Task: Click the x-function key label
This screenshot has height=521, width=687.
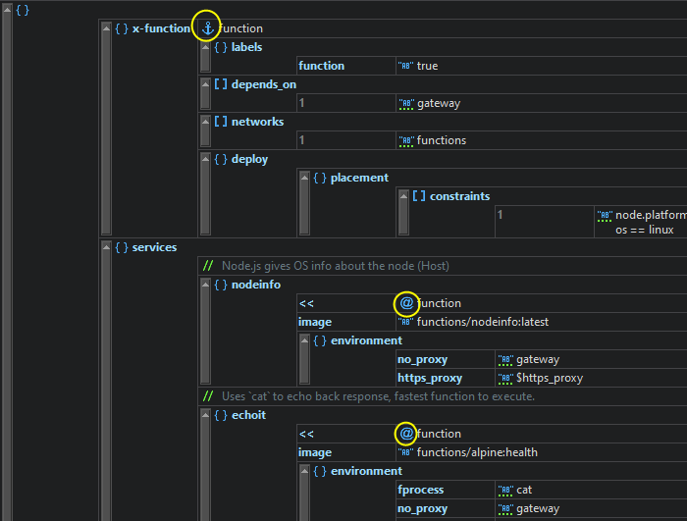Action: [x=161, y=28]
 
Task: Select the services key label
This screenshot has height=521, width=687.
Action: [x=154, y=247]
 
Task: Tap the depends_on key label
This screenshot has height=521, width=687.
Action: [x=263, y=84]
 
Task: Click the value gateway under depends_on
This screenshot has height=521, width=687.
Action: [x=438, y=103]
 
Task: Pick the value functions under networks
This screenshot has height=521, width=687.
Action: [x=441, y=140]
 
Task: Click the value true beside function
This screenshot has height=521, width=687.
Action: [x=427, y=66]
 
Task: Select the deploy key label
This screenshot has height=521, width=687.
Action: [x=249, y=159]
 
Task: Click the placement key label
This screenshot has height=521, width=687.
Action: [x=359, y=178]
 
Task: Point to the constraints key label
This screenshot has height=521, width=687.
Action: [x=458, y=196]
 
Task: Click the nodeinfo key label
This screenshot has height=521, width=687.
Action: [x=255, y=285]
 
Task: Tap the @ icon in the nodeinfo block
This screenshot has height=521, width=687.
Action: [x=406, y=303]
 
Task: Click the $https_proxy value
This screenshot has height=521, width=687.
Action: [x=549, y=378]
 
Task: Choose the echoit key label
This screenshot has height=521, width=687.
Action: [x=248, y=415]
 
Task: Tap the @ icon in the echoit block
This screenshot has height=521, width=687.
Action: [x=406, y=434]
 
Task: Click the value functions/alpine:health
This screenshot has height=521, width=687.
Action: [x=477, y=452]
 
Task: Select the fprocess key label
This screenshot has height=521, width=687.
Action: [x=421, y=490]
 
